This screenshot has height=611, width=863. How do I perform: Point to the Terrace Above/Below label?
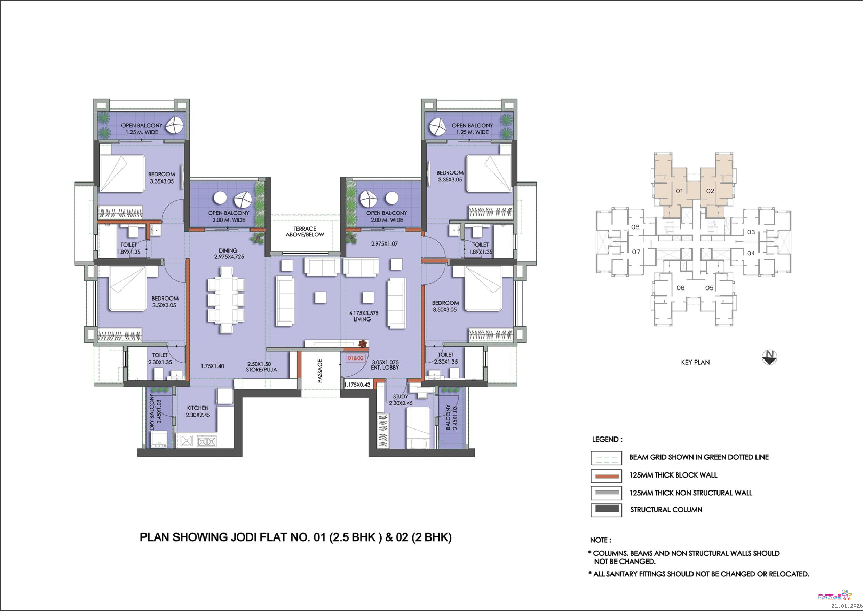[305, 231]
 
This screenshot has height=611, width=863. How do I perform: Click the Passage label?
[320, 371]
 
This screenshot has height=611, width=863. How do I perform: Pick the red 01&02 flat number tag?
[355, 358]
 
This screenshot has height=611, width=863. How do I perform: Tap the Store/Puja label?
[262, 370]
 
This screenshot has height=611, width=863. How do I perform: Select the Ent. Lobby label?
[385, 367]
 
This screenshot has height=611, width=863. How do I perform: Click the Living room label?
[362, 319]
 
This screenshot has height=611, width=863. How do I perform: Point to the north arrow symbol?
[769, 357]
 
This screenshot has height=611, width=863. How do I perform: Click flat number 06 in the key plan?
[680, 288]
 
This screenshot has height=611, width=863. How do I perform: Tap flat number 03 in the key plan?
[751, 232]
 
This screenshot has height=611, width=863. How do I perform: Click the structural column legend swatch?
[606, 509]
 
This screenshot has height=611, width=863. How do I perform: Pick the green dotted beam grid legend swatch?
[606, 458]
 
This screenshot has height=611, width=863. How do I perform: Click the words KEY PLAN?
[695, 362]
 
